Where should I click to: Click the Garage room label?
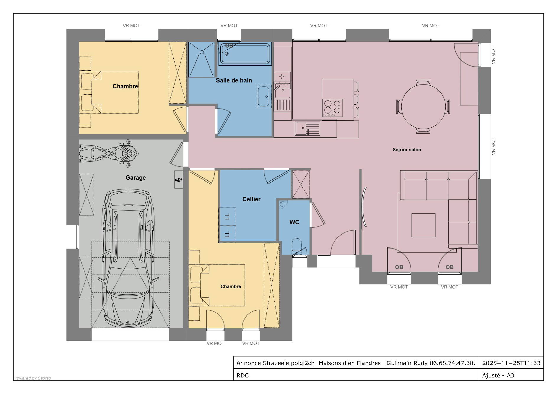tap(136, 178)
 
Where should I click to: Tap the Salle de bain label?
tap(234, 80)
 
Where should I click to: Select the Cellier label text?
tap(251, 199)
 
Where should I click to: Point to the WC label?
tap(294, 222)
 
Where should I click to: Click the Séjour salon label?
tap(407, 150)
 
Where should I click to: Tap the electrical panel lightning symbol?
tap(178, 180)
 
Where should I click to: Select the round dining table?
tap(423, 107)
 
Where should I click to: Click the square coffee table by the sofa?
tap(424, 225)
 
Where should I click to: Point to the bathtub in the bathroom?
tap(245, 53)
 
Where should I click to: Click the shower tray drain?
tap(202, 52)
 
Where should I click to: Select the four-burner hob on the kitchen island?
tap(333, 108)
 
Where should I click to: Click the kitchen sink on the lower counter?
tap(307, 128)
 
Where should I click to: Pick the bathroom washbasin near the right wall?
tap(264, 96)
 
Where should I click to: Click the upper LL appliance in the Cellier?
tap(227, 216)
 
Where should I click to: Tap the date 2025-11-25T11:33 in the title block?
tap(511, 363)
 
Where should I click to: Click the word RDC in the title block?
tap(243, 375)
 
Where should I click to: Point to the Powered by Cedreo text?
tap(33, 378)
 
